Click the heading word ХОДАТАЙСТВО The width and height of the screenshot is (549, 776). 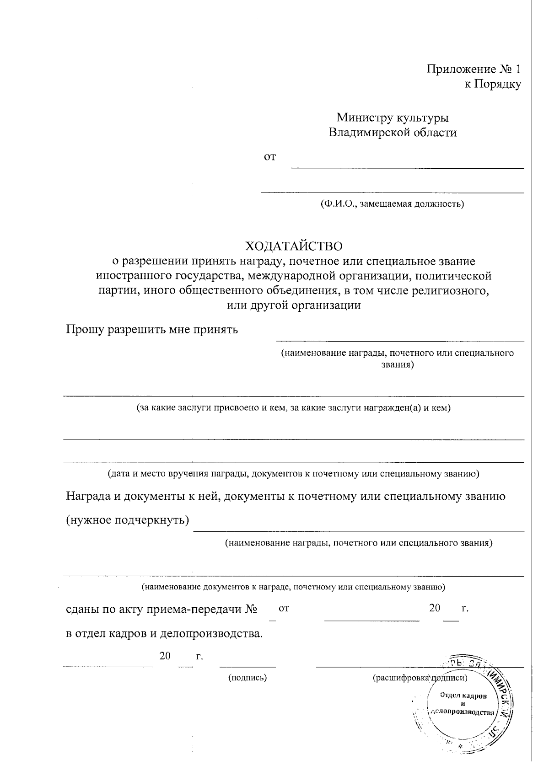(x=294, y=246)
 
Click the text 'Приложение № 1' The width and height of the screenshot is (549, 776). (x=474, y=69)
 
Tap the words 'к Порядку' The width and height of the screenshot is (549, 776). (x=492, y=84)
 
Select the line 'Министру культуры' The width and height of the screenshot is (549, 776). (x=393, y=118)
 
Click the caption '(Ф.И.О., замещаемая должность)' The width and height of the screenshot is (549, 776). (x=392, y=204)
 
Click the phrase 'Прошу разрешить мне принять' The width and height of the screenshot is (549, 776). (x=152, y=329)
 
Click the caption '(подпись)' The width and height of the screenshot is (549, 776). (x=248, y=678)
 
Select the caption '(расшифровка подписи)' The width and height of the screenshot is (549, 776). (x=420, y=678)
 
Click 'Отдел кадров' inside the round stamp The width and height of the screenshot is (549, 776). (x=463, y=696)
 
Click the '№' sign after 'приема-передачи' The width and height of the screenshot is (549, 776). (x=251, y=609)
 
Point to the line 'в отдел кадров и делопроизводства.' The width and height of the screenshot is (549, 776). (x=165, y=634)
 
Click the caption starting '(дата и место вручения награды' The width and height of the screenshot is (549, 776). (x=293, y=474)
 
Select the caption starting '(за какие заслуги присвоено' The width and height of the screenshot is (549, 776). (x=294, y=408)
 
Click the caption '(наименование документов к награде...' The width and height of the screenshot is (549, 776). (x=293, y=586)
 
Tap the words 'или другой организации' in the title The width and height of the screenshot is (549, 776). (x=294, y=305)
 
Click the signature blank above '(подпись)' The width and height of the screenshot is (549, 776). (x=248, y=664)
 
